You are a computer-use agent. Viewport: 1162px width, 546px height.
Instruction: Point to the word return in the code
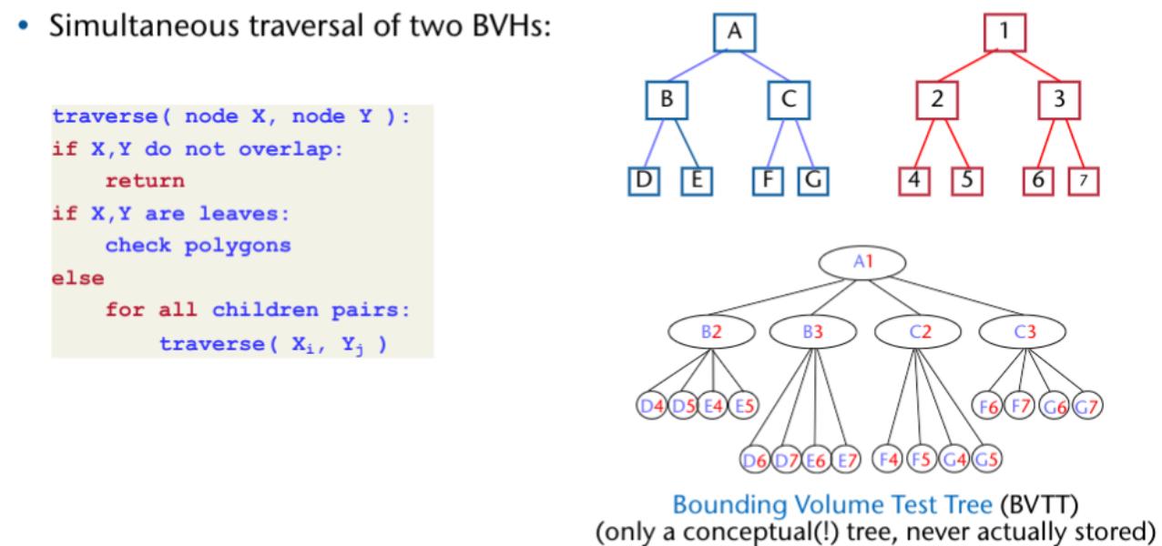pyautogui.click(x=145, y=181)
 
